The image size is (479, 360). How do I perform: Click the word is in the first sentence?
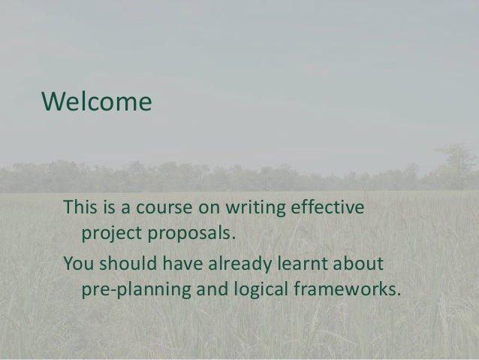(x=109, y=206)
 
